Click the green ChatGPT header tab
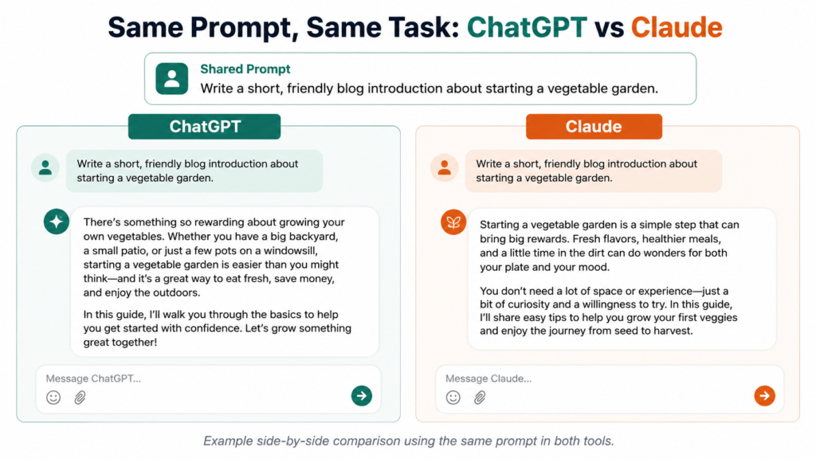[205, 127]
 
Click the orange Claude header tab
[594, 127]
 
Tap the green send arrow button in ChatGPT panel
[362, 395]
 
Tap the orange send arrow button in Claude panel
[764, 395]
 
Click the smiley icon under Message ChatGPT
[53, 398]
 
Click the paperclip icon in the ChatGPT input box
[80, 398]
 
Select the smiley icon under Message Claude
[453, 398]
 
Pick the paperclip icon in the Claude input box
[480, 398]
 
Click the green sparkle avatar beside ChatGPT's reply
[57, 222]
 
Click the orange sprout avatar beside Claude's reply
[453, 222]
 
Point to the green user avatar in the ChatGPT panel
[45, 167]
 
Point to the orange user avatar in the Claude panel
[445, 167]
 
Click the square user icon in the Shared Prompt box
[172, 79]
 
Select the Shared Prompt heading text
[245, 69]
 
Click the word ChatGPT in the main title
[527, 27]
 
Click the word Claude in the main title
[677, 27]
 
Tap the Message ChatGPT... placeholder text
[93, 379]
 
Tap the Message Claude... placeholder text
[488, 379]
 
